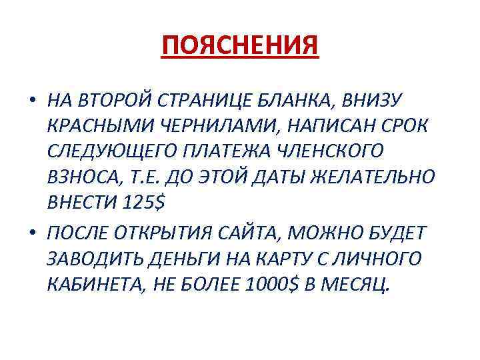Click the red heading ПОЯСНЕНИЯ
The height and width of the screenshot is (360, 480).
pyautogui.click(x=241, y=46)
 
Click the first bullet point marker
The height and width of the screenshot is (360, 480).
pyautogui.click(x=32, y=101)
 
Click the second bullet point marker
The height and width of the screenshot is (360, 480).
pyautogui.click(x=32, y=231)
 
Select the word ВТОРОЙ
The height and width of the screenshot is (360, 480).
pyautogui.click(x=115, y=101)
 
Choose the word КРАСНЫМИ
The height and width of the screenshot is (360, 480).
pyautogui.click(x=97, y=127)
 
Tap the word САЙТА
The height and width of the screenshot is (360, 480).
pyautogui.click(x=256, y=231)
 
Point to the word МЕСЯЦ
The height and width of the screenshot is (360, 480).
pyautogui.click(x=357, y=283)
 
